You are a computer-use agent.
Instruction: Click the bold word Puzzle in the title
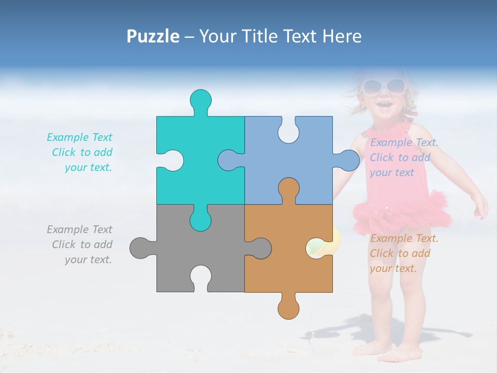click(x=153, y=36)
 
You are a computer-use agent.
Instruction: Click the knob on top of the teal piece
click(x=201, y=100)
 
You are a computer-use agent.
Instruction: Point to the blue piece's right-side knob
click(x=348, y=161)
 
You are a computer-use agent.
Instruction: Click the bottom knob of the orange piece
click(x=288, y=308)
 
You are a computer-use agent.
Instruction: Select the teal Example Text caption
click(x=80, y=152)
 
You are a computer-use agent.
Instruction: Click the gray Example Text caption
click(x=80, y=245)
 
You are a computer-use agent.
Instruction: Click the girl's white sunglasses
click(x=384, y=86)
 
